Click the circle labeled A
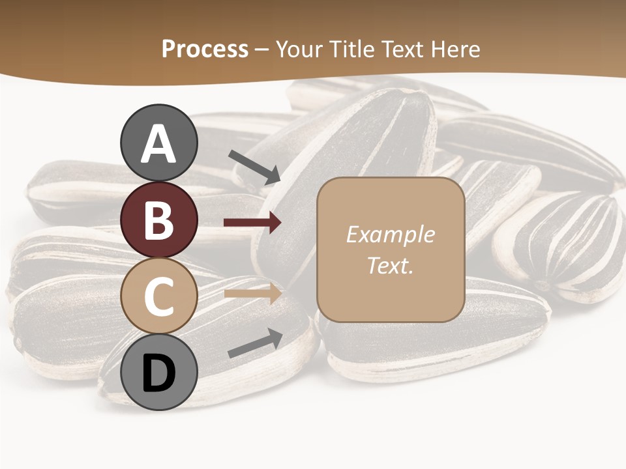159,143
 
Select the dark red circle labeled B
159,220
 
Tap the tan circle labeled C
159,296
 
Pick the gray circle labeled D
159,372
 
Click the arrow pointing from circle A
254,166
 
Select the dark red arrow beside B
252,223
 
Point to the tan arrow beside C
252,293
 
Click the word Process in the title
205,49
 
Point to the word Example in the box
390,234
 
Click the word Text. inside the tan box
390,266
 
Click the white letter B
159,220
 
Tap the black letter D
159,373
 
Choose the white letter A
159,144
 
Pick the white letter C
159,296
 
